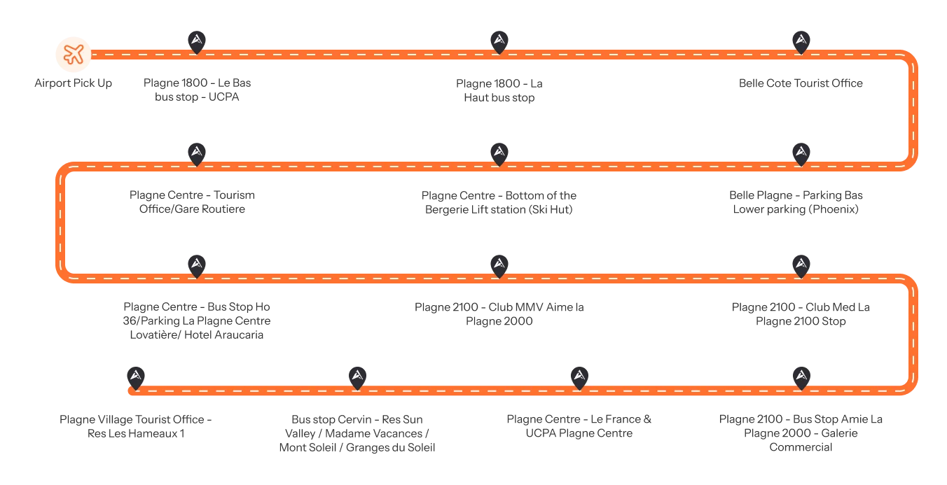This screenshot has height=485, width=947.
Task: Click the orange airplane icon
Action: click(x=74, y=53)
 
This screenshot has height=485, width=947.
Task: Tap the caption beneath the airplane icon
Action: click(x=73, y=84)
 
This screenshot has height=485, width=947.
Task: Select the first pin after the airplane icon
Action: click(x=197, y=41)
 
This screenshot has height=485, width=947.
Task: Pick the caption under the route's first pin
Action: click(x=196, y=89)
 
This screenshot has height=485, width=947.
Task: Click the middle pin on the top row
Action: click(x=499, y=41)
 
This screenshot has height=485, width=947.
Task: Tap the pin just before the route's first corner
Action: click(x=801, y=41)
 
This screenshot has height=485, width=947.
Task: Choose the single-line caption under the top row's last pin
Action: click(x=801, y=84)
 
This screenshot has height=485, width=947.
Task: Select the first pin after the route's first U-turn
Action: click(x=801, y=153)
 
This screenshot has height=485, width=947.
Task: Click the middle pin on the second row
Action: click(x=499, y=153)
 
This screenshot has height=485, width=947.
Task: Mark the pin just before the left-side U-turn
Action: click(x=197, y=153)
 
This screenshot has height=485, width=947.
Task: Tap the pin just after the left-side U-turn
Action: click(x=197, y=265)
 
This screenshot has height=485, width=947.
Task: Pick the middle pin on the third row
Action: click(x=499, y=265)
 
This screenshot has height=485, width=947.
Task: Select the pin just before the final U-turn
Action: click(x=801, y=265)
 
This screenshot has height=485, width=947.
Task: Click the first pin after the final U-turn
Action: click(x=801, y=377)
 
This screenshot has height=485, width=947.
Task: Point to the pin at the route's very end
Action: click(x=136, y=377)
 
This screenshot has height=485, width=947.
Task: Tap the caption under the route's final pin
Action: click(x=134, y=427)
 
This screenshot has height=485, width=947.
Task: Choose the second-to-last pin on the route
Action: click(x=357, y=377)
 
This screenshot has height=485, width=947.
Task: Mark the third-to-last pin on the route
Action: click(x=579, y=377)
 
